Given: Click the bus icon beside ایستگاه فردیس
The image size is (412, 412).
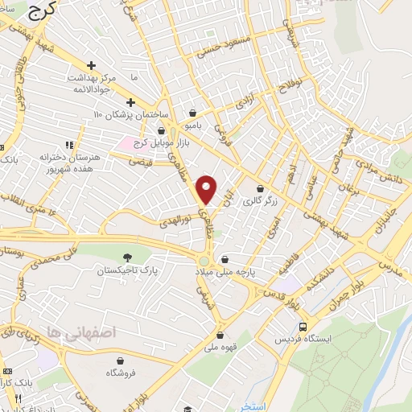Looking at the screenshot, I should (x=303, y=328).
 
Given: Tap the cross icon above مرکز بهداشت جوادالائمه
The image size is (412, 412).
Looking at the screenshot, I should (x=93, y=65).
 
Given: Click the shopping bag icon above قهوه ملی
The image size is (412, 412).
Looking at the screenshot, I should (x=220, y=335).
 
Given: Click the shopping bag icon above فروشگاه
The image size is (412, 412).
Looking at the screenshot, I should (x=120, y=360).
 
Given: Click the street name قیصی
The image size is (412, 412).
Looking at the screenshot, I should (x=145, y=161).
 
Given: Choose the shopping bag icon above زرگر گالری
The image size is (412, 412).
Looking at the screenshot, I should (x=260, y=188).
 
